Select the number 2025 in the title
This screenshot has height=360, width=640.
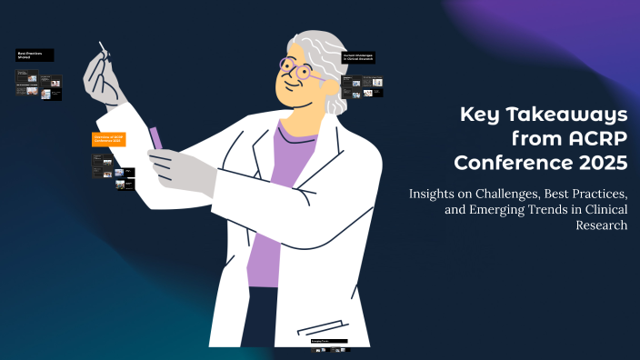[x=600, y=164]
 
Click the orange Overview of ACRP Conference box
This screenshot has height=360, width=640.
[x=108, y=139]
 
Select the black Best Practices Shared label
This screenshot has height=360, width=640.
[x=35, y=55]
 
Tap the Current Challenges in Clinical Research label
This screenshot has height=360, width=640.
[x=358, y=57]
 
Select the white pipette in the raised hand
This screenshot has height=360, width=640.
[x=103, y=50]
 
